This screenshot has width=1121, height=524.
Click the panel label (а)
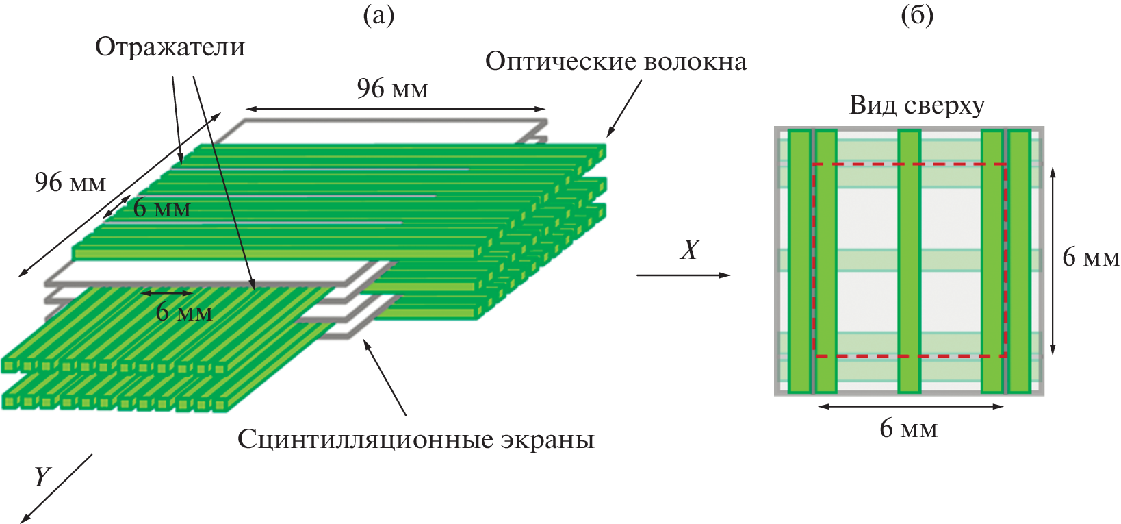pos(378,14)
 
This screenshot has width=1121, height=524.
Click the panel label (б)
pos(917,14)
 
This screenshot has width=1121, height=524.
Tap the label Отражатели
pos(170,47)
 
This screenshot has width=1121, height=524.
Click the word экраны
pos(547,439)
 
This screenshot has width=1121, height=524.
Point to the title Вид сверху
pos(917,105)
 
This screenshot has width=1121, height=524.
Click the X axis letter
pos(690,250)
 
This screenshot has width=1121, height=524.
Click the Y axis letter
pos(42,476)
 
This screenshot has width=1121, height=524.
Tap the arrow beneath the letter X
pos(683,275)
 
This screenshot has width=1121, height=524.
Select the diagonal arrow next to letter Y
pos(56,488)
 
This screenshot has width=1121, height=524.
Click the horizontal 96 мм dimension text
pos(392,88)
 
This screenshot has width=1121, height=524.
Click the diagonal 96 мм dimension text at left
pos(70,182)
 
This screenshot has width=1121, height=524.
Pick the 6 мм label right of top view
pos(1091,258)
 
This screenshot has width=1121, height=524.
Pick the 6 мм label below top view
pos(908,429)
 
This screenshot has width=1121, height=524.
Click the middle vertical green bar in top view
pos(909,260)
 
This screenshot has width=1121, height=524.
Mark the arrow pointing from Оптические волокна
pos(623,108)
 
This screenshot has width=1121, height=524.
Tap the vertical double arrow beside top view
pos(1053,260)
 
